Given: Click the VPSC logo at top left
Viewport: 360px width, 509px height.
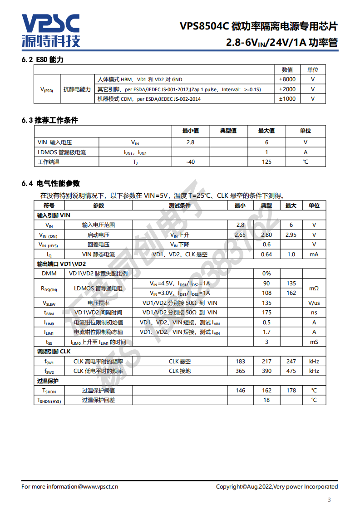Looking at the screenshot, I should click(x=51, y=30).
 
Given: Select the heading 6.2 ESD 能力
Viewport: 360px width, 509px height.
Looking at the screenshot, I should click(x=43, y=60).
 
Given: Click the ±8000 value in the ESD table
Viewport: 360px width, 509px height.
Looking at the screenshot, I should click(x=287, y=79).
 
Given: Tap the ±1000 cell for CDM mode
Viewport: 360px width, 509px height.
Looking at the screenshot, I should click(x=287, y=99).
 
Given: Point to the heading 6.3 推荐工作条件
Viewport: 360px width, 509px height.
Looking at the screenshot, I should click(x=50, y=120).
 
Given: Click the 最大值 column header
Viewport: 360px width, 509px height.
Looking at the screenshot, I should click(x=266, y=131).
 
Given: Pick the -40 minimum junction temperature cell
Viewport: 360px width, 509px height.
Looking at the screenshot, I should click(x=191, y=162).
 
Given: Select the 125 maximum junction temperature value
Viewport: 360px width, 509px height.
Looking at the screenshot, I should click(x=266, y=162).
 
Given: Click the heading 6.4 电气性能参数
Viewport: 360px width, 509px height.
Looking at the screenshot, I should click(x=51, y=183).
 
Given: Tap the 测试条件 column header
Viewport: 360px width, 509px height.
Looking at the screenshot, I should click(x=180, y=206).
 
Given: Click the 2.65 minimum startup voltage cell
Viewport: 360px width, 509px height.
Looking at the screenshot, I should click(x=240, y=235).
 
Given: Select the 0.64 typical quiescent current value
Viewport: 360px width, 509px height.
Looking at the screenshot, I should click(x=266, y=254).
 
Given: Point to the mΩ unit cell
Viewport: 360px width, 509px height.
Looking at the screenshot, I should click(x=314, y=288).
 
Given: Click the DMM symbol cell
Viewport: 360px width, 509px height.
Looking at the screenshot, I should click(x=49, y=274).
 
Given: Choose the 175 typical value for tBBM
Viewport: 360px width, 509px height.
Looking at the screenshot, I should click(x=266, y=313).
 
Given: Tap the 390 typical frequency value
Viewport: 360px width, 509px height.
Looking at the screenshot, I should click(x=266, y=371).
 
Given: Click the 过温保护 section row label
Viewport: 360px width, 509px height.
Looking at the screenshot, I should click(x=48, y=381).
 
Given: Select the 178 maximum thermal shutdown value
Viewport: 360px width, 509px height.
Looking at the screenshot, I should click(x=291, y=391).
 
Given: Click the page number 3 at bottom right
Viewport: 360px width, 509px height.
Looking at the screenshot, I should click(x=329, y=500).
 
